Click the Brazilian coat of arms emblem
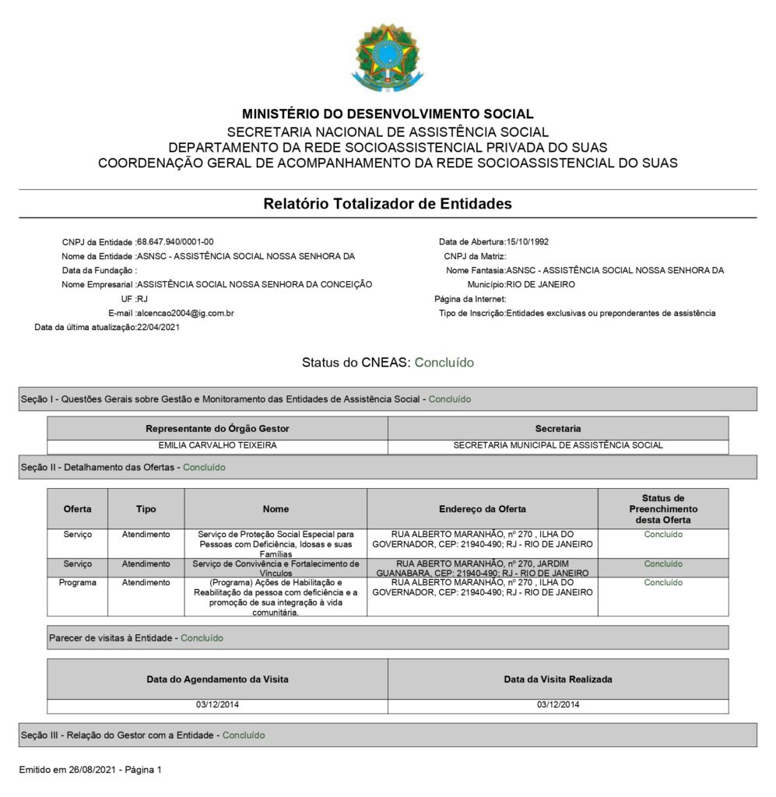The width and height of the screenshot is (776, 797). tap(388, 57)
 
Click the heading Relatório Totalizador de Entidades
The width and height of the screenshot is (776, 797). tap(388, 204)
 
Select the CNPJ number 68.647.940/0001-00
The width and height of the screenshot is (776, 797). tap(175, 242)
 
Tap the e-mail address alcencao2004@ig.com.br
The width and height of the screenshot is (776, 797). tap(186, 313)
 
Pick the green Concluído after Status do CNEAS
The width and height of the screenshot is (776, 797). tap(444, 363)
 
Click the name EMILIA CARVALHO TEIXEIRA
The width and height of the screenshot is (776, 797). tap(217, 446)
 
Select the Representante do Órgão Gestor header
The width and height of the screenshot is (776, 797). tap(217, 429)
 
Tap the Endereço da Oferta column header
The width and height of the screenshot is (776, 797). tap(482, 509)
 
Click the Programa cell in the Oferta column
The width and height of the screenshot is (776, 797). tap(77, 582)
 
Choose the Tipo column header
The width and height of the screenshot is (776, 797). tap(146, 509)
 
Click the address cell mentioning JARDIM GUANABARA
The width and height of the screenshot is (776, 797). tap(482, 567)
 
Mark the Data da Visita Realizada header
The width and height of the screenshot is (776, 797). tap(557, 679)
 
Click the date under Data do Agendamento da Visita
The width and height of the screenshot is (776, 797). tap(217, 705)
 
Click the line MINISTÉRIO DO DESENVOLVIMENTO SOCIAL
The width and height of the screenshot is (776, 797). tap(388, 114)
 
